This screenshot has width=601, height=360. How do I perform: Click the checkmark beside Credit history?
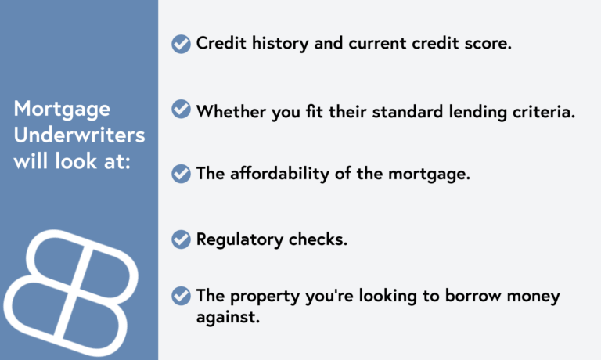click(x=181, y=44)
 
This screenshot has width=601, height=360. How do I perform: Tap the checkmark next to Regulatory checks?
click(x=181, y=239)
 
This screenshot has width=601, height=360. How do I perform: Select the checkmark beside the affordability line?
click(x=181, y=174)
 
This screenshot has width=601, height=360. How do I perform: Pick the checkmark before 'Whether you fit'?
click(x=181, y=110)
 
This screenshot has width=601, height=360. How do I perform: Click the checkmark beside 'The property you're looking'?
click(x=181, y=296)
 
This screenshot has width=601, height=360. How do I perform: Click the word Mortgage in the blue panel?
click(x=62, y=108)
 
